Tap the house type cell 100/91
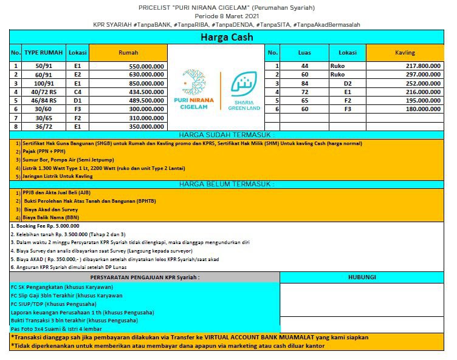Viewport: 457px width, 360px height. (x=44, y=83)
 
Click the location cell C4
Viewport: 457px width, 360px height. (x=78, y=92)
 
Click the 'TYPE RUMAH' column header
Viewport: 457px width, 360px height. (x=44, y=53)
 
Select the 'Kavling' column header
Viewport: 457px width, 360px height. (x=405, y=53)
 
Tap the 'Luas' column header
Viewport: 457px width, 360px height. (x=304, y=53)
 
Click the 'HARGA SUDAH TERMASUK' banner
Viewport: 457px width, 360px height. (x=227, y=135)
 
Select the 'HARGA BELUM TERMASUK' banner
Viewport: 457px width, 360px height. (x=227, y=183)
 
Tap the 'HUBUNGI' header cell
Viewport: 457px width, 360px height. (x=362, y=277)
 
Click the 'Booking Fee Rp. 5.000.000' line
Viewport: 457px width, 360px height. (x=46, y=225)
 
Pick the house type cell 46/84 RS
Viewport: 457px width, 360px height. (x=44, y=100)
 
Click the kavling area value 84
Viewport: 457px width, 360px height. (x=304, y=83)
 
